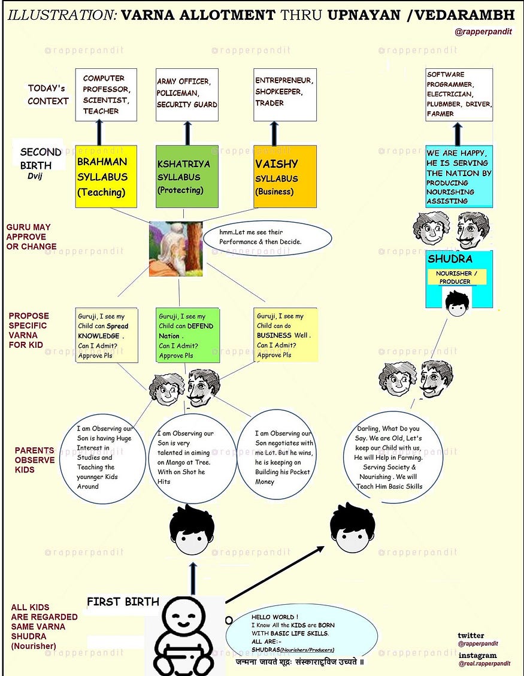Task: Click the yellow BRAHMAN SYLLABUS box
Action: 106,176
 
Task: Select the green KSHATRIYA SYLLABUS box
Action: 180,176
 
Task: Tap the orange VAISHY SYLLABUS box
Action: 284,176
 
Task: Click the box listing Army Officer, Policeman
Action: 187,94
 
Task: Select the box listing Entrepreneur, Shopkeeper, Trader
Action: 284,94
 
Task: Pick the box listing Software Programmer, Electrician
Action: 459,95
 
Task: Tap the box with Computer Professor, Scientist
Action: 105,94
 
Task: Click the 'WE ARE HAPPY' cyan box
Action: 459,177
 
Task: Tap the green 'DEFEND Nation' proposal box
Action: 187,335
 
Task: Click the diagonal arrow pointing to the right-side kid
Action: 275,575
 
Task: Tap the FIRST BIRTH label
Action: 123,601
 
